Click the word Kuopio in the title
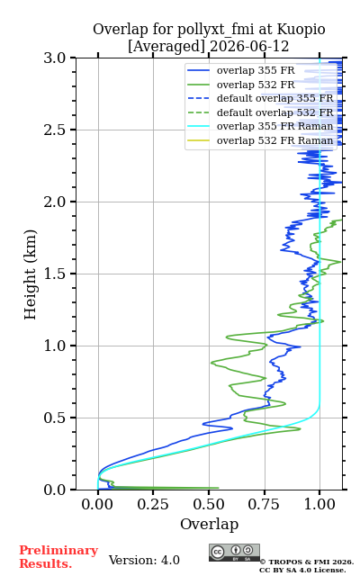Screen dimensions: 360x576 (x=301, y=30)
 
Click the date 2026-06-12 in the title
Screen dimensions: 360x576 (x=249, y=47)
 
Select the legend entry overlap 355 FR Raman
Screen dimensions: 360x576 (x=274, y=126)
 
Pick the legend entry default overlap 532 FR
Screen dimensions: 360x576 (x=274, y=112)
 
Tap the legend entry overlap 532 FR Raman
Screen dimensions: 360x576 (x=274, y=140)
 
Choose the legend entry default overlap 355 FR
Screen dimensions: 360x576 (x=274, y=98)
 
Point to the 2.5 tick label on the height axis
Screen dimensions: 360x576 (x=55, y=130)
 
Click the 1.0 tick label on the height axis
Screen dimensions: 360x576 (x=55, y=346)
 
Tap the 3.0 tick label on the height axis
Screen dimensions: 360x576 (x=55, y=58)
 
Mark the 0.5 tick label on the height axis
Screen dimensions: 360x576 (x=55, y=418)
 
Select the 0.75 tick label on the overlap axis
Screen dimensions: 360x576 (x=264, y=504)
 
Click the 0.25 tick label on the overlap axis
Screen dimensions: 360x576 (x=153, y=504)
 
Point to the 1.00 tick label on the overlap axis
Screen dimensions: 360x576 (x=319, y=504)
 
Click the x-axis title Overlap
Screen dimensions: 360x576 (x=209, y=525)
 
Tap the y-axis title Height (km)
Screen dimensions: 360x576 (x=30, y=274)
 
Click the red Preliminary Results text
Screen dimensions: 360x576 (x=58, y=557)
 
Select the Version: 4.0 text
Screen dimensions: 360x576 (x=144, y=560)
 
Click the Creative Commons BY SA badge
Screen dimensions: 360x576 (x=234, y=553)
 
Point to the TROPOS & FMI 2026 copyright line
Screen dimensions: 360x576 (x=307, y=562)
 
